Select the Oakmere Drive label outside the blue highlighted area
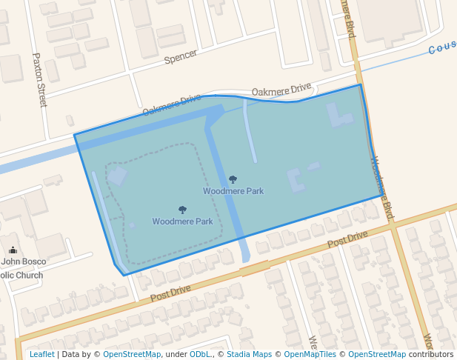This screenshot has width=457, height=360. coord(281,90)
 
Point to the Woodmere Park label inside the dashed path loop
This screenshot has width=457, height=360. coord(182,221)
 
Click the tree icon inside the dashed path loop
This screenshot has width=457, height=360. coord(182,210)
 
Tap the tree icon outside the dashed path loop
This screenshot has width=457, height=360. coord(233,179)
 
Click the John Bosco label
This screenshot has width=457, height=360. coord(24,261)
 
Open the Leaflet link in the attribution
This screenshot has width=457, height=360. coord(41,355)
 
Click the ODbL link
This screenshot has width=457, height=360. coord(200,355)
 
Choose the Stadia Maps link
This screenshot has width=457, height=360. coord(249,355)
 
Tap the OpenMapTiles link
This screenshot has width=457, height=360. coord(310,355)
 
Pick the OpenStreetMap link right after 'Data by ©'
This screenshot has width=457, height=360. coord(132,355)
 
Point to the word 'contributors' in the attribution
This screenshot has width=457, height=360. coord(430,355)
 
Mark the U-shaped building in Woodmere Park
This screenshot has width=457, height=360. coord(296,181)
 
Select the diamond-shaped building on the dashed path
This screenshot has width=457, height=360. coord(117,176)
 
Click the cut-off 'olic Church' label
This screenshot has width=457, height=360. coord(21,276)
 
